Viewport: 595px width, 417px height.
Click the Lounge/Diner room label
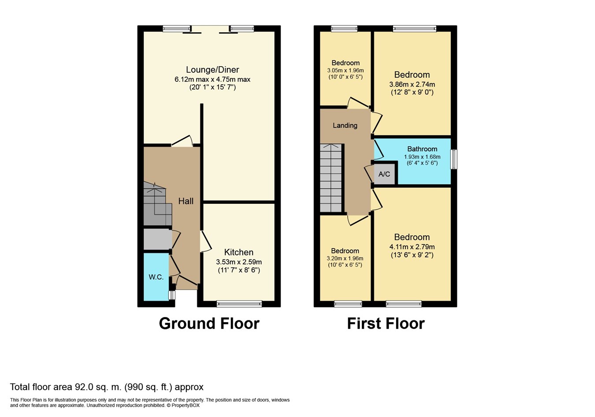click(x=212, y=70)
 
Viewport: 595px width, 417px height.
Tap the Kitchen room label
click(x=239, y=252)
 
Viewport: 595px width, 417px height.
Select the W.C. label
click(x=156, y=277)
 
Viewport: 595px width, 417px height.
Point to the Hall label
click(x=186, y=201)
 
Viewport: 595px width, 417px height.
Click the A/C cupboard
click(x=384, y=174)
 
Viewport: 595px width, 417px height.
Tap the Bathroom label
click(x=422, y=149)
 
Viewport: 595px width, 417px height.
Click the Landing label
click(x=345, y=125)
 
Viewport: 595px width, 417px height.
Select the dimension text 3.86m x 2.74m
click(x=412, y=85)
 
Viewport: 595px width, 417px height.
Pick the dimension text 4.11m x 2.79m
click(x=412, y=247)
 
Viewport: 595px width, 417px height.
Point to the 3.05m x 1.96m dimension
click(x=345, y=71)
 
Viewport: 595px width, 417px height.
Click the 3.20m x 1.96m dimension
click(x=345, y=259)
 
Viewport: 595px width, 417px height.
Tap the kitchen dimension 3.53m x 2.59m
click(x=239, y=262)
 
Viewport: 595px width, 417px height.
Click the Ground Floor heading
click(x=209, y=323)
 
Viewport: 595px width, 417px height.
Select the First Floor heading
click(x=386, y=323)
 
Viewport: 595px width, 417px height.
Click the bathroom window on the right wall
click(x=454, y=159)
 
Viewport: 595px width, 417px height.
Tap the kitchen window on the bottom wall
click(x=239, y=304)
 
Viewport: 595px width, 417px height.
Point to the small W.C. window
click(x=172, y=295)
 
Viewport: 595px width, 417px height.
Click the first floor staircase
click(x=331, y=178)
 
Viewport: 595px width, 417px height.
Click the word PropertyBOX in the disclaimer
click(x=186, y=406)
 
